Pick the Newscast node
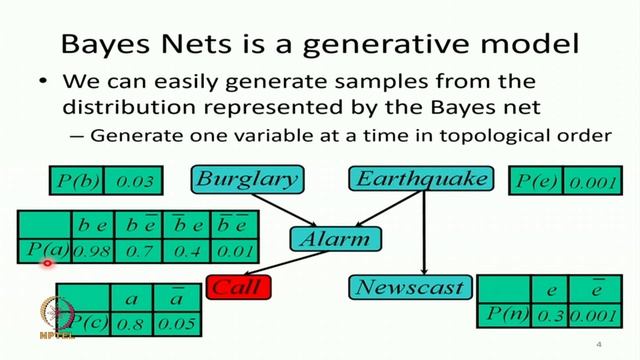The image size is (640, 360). pos(410,288)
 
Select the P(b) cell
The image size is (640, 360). pos(75,181)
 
